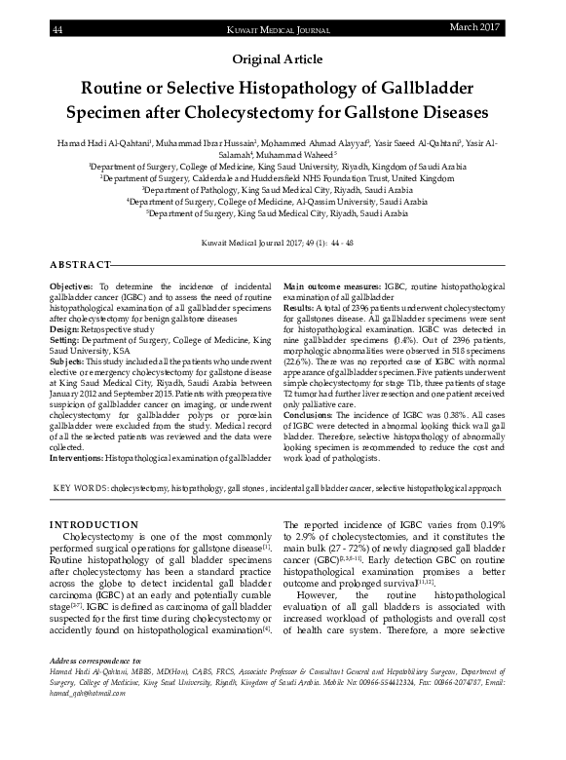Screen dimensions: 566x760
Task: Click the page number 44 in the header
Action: point(57,31)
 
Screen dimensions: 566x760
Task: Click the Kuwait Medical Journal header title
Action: point(282,31)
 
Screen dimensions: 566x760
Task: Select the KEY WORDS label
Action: point(81,486)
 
